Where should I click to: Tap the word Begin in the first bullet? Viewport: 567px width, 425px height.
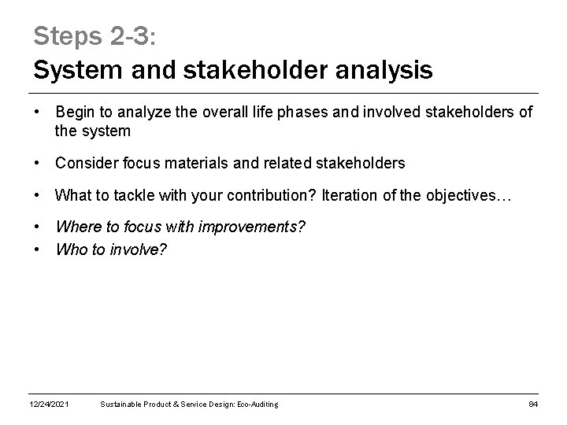coord(76,113)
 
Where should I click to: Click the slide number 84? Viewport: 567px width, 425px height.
coord(532,405)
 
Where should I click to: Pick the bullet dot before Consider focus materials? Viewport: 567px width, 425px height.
coord(38,163)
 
